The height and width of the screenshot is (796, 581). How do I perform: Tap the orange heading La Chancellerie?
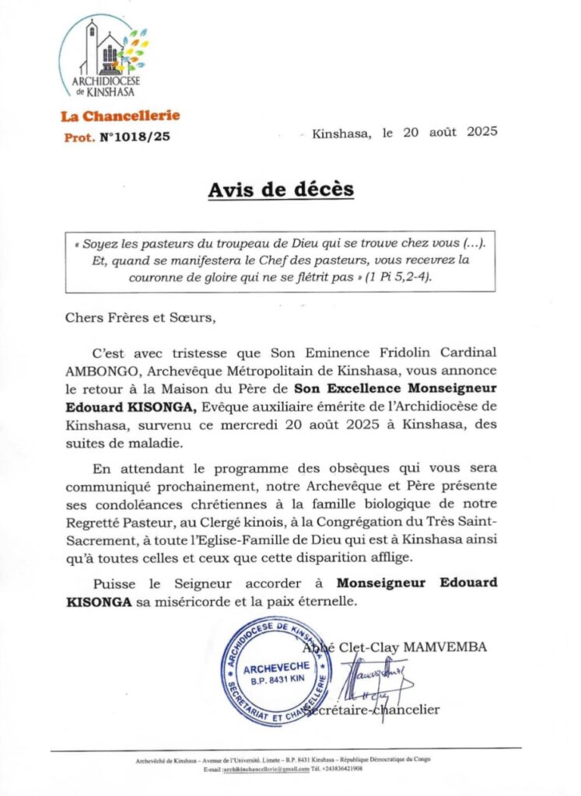(120, 116)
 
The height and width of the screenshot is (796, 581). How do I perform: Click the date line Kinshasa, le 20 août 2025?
(404, 132)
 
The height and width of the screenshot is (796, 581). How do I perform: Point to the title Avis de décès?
(280, 190)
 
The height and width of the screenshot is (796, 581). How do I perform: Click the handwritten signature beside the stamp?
(377, 675)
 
